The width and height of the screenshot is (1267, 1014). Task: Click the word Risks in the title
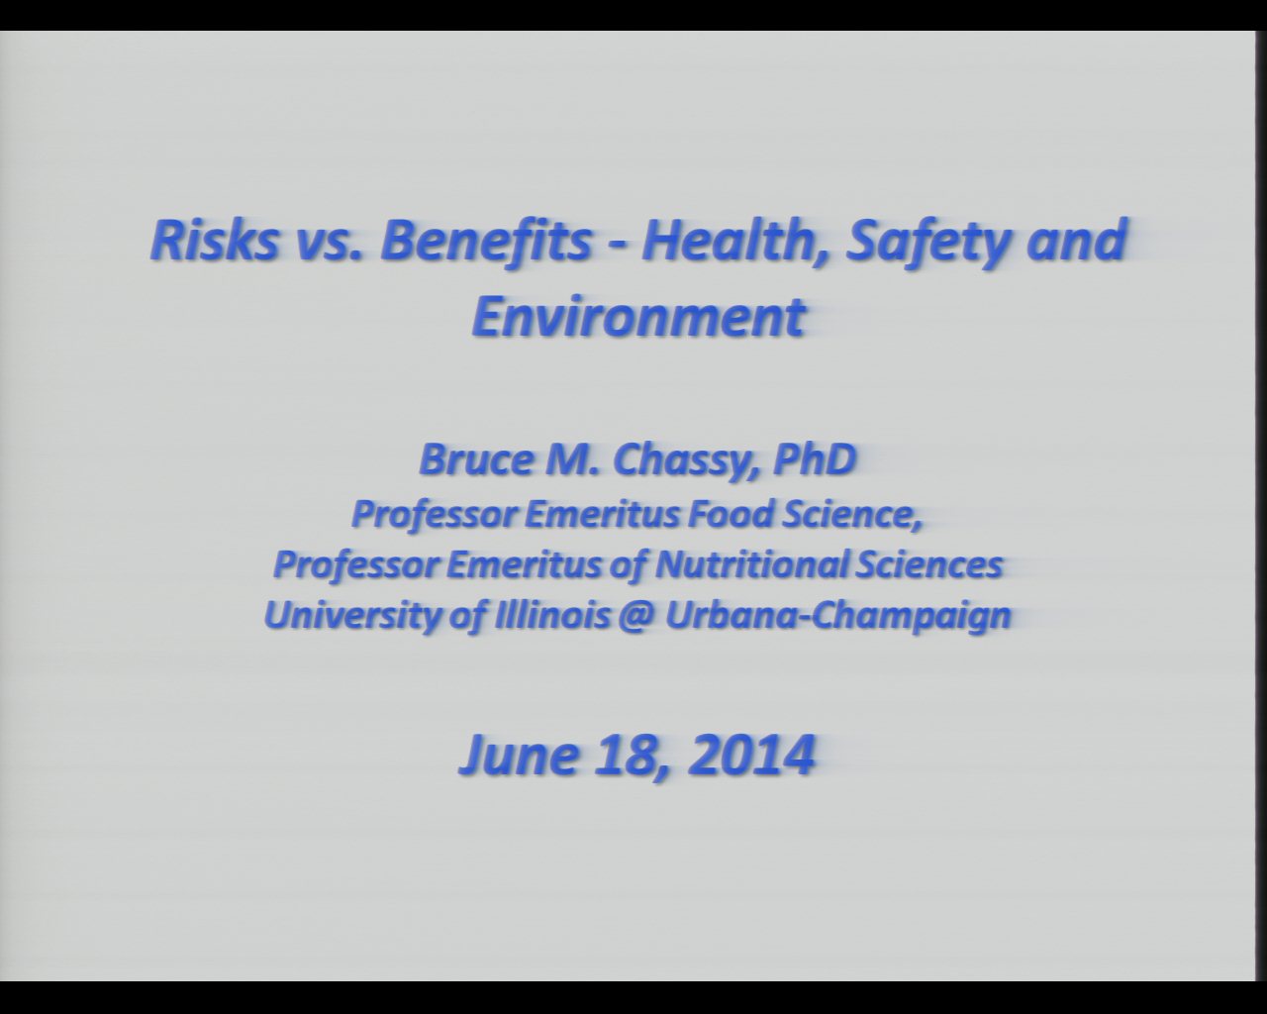(215, 241)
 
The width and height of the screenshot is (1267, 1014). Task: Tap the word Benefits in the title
(485, 241)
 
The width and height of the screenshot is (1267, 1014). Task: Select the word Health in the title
(732, 242)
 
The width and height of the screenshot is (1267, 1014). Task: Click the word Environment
(637, 317)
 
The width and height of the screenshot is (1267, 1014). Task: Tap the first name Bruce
(476, 459)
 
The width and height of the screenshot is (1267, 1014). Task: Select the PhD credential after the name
(815, 459)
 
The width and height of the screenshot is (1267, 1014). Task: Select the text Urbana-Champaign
(837, 617)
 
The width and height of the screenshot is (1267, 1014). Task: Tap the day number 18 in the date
(629, 755)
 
